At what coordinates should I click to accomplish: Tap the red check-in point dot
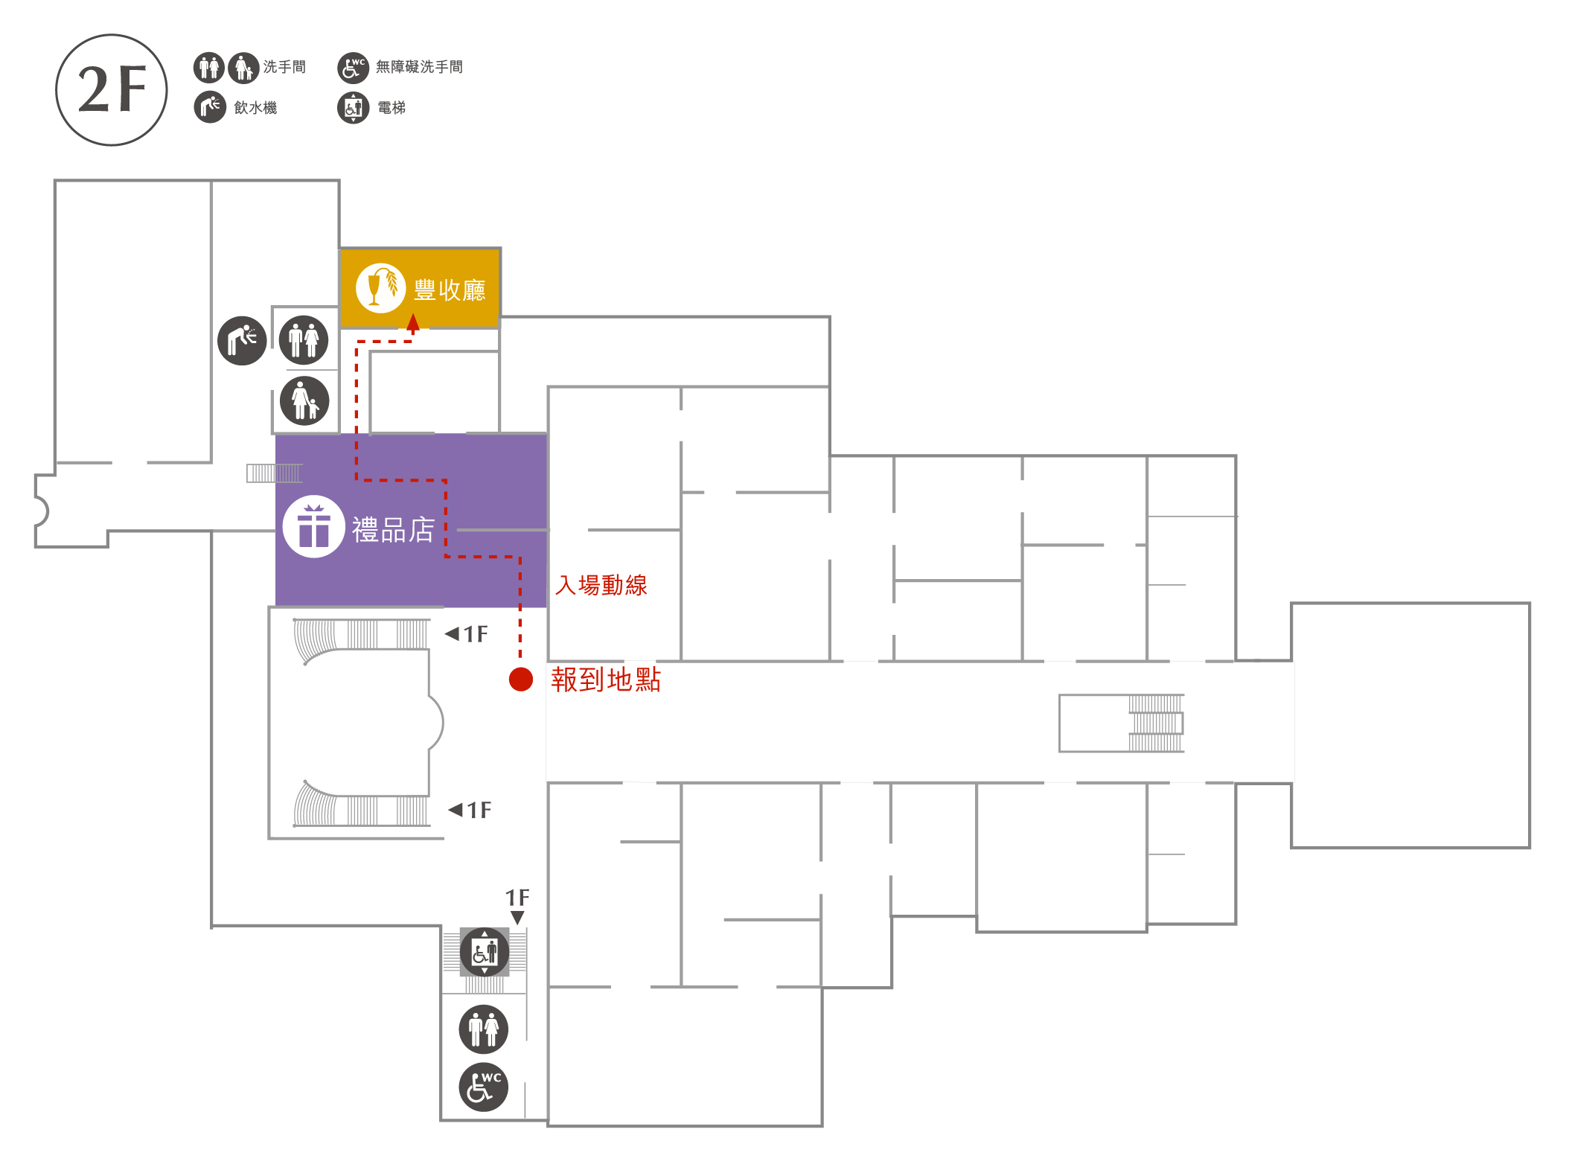pos(521,679)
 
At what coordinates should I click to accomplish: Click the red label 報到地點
pos(606,680)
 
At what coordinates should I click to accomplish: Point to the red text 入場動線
pos(601,585)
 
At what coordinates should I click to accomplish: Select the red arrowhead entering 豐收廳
pos(413,322)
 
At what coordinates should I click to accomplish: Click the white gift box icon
pos(314,526)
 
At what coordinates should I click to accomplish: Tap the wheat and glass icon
pos(380,288)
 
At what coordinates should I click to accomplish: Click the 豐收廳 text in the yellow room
pos(450,290)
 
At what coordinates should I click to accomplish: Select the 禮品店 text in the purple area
pos(393,530)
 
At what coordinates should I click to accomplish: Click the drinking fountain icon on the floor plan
pos(242,340)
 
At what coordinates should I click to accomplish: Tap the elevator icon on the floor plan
pos(485,952)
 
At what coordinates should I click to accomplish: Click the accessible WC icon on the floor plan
pos(484,1087)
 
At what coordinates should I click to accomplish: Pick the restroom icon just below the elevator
pos(484,1029)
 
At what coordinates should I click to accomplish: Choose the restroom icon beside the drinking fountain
pos(304,340)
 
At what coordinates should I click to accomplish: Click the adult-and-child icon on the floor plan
pos(304,400)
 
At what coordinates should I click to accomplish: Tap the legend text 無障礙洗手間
pos(419,67)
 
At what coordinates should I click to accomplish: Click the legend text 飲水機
pos(255,108)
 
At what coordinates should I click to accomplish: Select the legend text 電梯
pos(392,108)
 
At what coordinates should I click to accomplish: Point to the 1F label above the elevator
pos(517,898)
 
